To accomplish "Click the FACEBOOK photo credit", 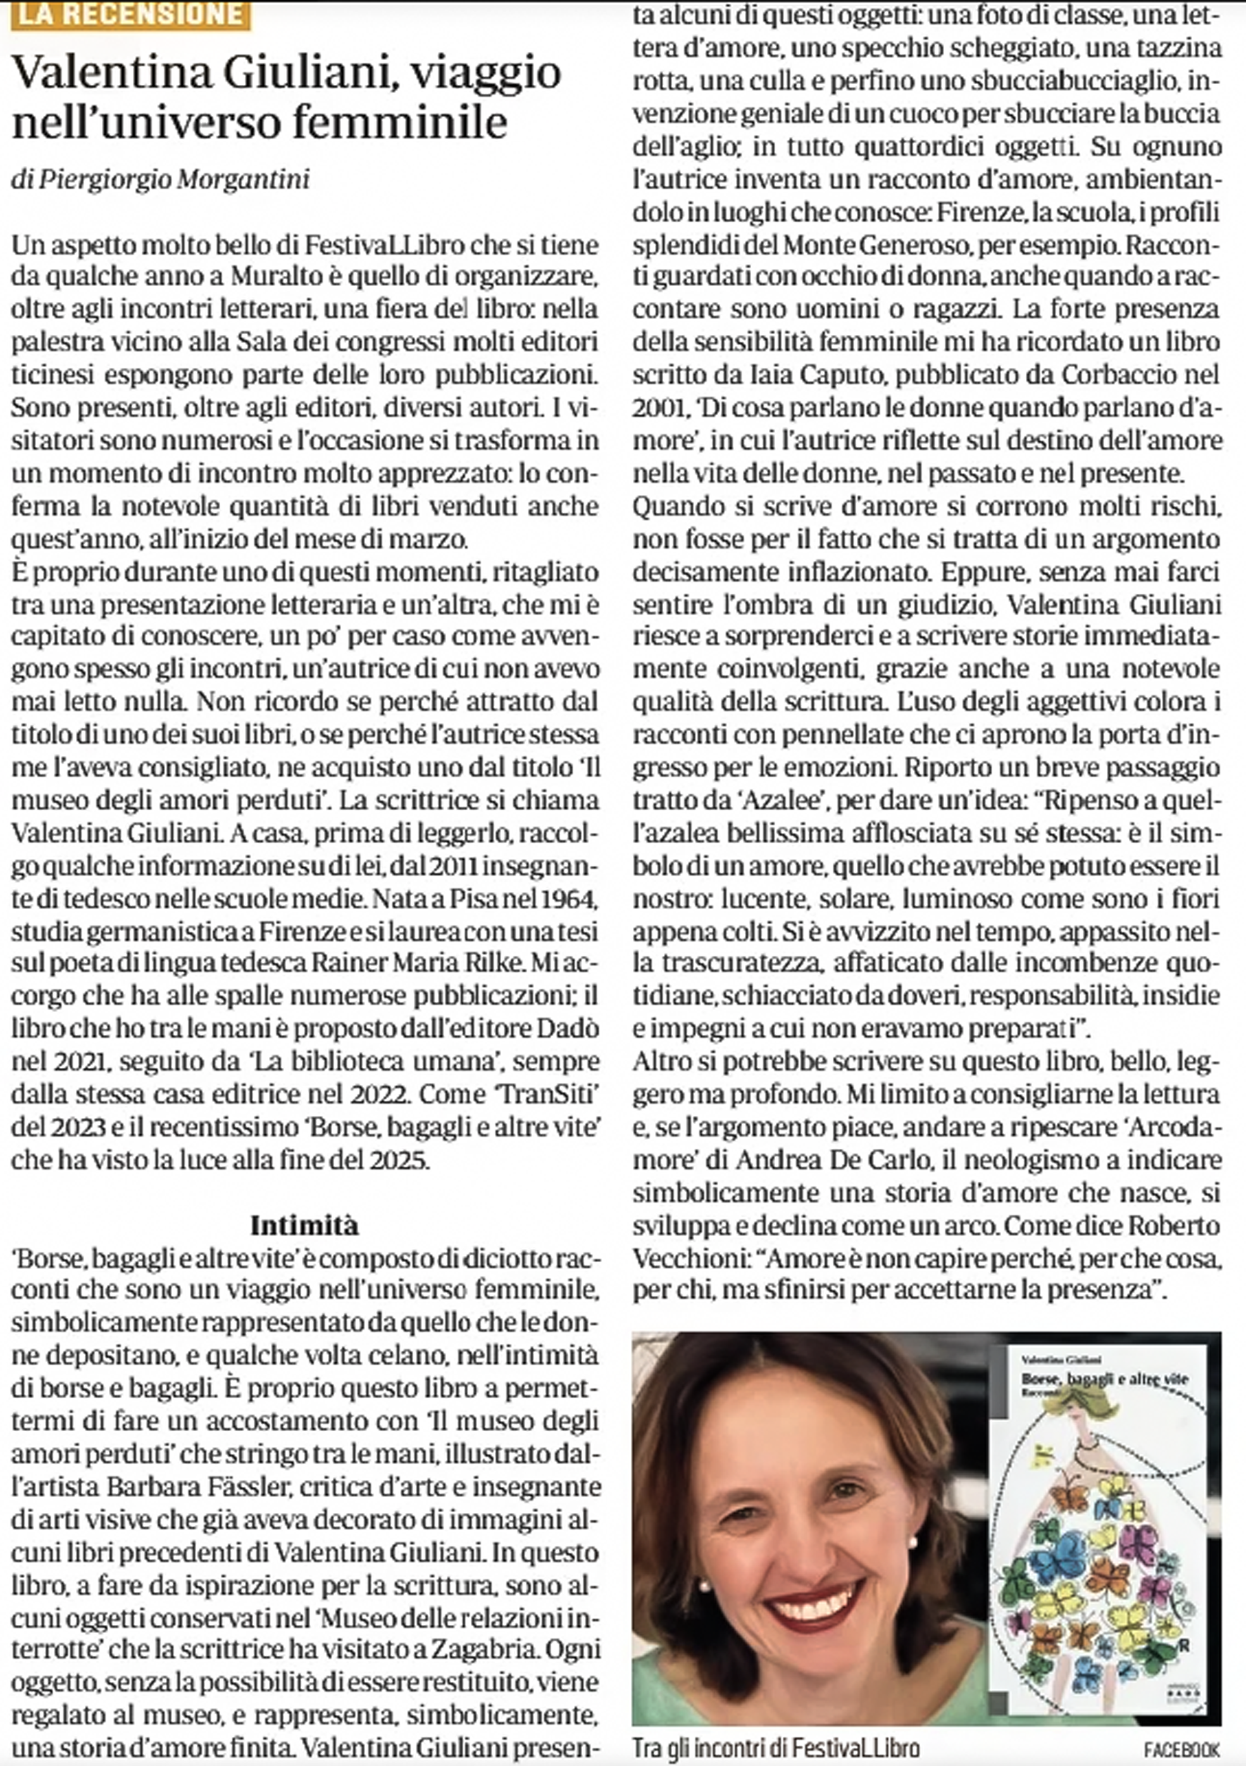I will pyautogui.click(x=1182, y=1748).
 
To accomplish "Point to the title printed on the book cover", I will pyautogui.click(x=1104, y=1381).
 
